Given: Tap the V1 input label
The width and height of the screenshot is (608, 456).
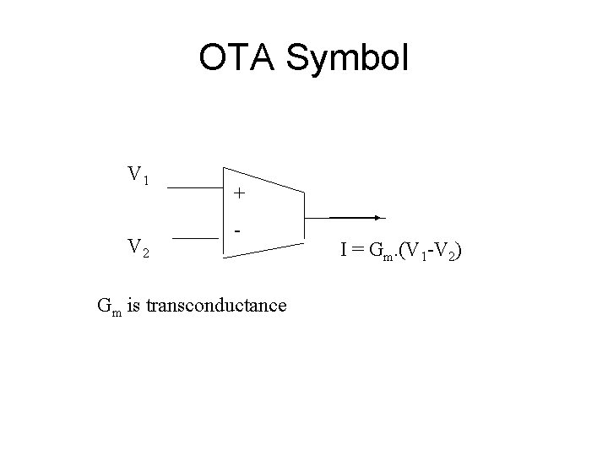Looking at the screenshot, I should (138, 176).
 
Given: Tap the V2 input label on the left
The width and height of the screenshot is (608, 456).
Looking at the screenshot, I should (138, 247).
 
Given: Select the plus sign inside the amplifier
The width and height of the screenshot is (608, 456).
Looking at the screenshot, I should (240, 193).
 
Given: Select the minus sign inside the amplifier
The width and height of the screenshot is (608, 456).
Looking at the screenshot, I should (240, 230).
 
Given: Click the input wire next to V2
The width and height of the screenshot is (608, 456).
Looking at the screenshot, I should (193, 239).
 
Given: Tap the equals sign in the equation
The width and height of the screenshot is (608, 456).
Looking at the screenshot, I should (358, 250).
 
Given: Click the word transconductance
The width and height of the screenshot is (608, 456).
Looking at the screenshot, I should (216, 304).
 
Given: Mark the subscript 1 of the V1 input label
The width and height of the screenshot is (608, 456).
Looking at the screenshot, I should (145, 180).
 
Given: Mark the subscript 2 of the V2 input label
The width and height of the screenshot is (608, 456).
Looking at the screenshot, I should (145, 251).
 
